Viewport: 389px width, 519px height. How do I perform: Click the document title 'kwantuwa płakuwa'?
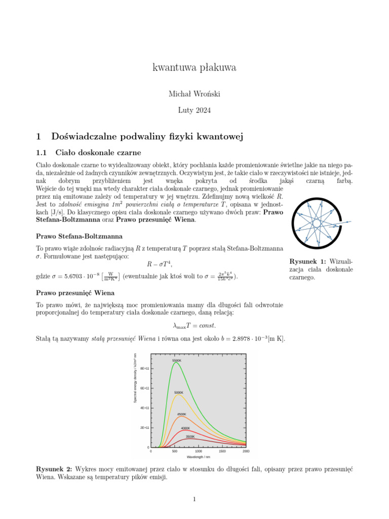(194, 67)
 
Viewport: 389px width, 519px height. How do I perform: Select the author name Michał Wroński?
(194, 93)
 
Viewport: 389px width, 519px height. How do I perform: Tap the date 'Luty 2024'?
(194, 109)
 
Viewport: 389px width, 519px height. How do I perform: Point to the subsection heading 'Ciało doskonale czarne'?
(98, 153)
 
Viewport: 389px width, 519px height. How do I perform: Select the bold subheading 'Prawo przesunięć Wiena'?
(75, 293)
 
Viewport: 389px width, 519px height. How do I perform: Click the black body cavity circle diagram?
(318, 223)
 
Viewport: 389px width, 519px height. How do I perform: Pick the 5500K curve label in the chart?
(176, 360)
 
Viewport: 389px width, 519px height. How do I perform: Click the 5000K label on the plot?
(179, 392)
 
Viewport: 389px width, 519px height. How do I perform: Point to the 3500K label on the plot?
(190, 436)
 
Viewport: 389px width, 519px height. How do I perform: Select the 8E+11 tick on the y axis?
(144, 368)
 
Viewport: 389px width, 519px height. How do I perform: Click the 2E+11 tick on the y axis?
(144, 428)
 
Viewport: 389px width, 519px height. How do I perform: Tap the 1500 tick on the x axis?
(222, 451)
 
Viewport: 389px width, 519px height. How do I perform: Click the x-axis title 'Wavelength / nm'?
(199, 457)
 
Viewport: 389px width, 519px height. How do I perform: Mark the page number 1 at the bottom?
(194, 500)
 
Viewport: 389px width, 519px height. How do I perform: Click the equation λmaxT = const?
(194, 325)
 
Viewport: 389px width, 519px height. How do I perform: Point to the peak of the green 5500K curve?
(176, 363)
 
